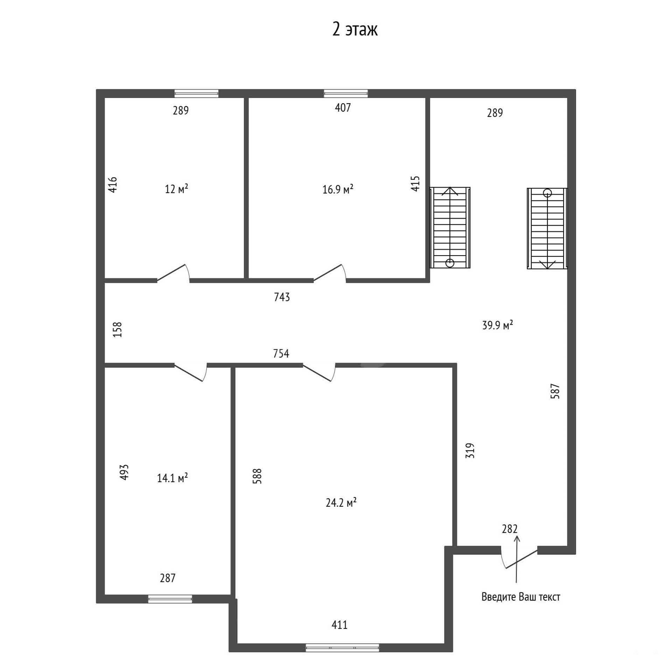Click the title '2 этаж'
(355, 29)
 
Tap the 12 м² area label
(176, 189)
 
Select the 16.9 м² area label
(338, 189)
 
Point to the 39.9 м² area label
(498, 325)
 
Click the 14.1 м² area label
(172, 478)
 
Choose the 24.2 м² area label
(341, 503)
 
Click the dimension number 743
(282, 297)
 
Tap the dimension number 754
(281, 353)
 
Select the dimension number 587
(555, 391)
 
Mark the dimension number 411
(339, 625)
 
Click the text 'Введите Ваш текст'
(521, 597)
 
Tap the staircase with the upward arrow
(450, 227)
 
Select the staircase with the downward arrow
(547, 229)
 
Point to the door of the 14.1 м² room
(191, 372)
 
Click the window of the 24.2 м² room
(342, 647)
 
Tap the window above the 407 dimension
(346, 93)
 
